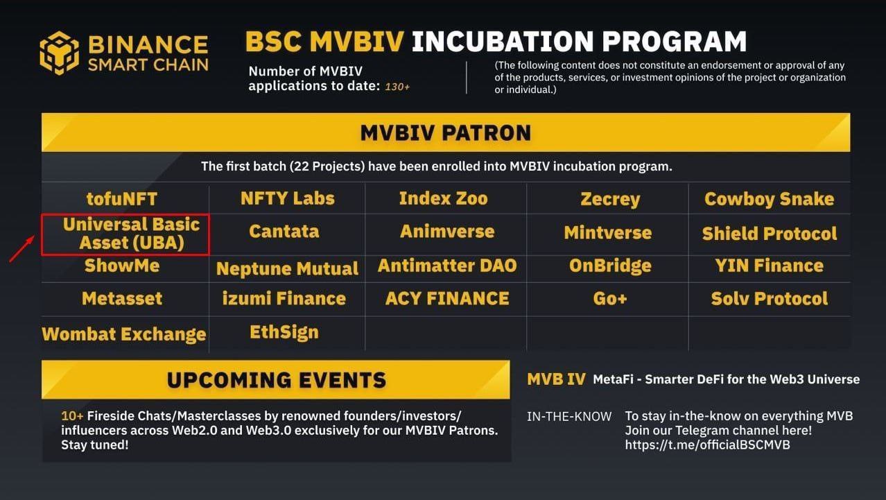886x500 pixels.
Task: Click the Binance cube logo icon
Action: click(x=60, y=53)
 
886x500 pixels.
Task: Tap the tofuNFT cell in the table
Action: click(x=122, y=198)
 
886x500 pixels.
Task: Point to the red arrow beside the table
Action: click(x=21, y=248)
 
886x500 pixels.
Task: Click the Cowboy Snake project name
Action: click(x=770, y=199)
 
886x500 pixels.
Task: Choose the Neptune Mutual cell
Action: click(x=288, y=268)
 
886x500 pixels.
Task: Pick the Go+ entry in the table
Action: click(x=610, y=298)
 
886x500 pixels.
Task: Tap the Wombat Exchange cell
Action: click(x=124, y=334)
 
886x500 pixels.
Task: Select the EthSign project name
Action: click(x=284, y=332)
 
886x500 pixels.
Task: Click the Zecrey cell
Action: click(x=610, y=199)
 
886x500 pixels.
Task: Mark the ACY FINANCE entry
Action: click(x=447, y=298)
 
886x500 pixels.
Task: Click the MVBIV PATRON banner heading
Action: click(x=445, y=133)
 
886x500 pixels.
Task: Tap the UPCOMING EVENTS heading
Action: click(x=277, y=380)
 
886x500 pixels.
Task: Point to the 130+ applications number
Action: click(x=397, y=87)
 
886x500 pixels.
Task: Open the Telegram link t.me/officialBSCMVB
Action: click(x=708, y=445)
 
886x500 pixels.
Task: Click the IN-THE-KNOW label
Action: click(x=569, y=417)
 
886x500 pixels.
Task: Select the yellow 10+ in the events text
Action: click(x=72, y=416)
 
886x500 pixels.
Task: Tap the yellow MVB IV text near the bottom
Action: click(x=556, y=379)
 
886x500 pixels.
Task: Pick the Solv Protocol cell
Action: click(x=770, y=298)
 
